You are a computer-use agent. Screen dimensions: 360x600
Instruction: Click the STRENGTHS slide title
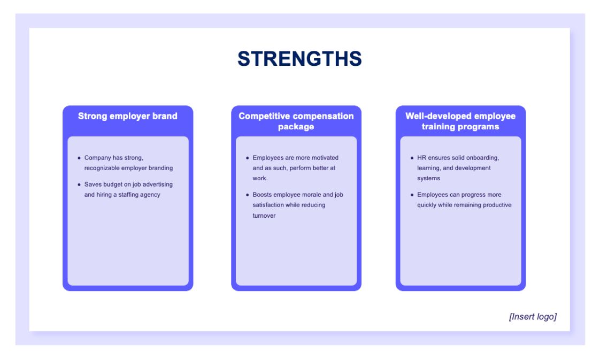click(299, 59)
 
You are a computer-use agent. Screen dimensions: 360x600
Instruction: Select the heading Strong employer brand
click(127, 116)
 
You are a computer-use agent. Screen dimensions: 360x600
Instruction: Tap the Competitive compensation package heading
click(296, 121)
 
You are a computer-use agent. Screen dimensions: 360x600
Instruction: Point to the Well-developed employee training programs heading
click(460, 121)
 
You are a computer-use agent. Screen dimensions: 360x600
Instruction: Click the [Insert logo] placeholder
click(533, 317)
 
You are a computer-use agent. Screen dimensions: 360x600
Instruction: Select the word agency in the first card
click(150, 195)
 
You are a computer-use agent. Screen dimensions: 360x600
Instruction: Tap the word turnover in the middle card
click(264, 216)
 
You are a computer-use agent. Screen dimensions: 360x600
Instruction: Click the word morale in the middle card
click(312, 195)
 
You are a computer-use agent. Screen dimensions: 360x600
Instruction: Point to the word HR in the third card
click(421, 158)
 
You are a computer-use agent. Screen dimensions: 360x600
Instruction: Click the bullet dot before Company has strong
click(79, 158)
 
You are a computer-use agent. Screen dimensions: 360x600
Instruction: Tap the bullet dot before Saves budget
click(79, 185)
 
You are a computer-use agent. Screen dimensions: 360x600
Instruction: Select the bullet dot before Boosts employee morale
click(247, 195)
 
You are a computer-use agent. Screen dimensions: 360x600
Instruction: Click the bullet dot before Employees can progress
click(412, 195)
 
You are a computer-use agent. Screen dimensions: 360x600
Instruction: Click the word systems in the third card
click(428, 178)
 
